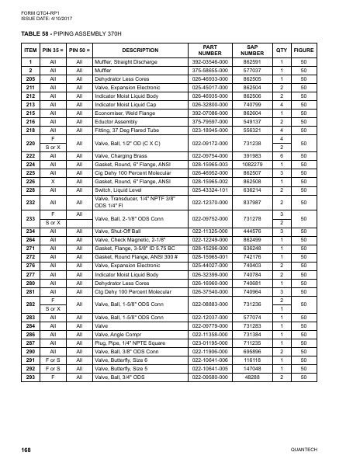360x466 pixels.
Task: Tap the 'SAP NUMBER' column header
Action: click(251, 50)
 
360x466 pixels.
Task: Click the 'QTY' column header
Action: click(282, 50)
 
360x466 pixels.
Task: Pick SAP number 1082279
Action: click(251, 143)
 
